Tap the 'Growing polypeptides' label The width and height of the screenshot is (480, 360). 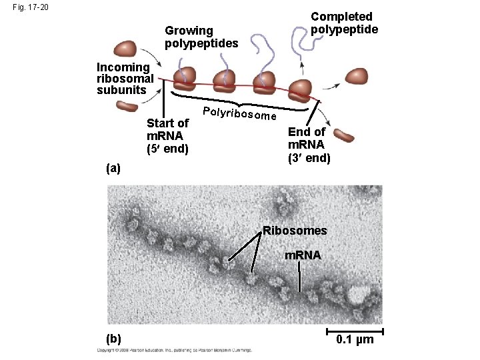point(201,37)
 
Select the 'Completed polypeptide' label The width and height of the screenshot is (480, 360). point(344,23)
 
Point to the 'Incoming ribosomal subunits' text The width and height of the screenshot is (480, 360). point(125,78)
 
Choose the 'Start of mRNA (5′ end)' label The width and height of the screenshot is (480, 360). point(168,135)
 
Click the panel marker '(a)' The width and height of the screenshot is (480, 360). point(114,169)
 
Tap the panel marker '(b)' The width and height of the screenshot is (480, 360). point(113,339)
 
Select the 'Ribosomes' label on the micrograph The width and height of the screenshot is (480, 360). point(295,231)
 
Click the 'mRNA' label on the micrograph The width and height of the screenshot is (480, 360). point(303,255)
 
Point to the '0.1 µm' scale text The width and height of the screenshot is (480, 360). point(355,341)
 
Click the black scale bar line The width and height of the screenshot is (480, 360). point(355,331)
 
